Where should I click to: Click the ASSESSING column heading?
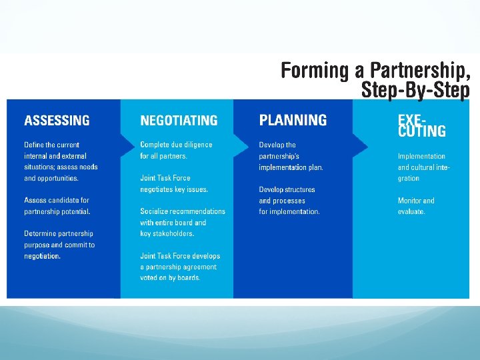[57, 121]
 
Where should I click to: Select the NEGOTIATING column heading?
[179, 121]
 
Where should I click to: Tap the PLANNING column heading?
[293, 120]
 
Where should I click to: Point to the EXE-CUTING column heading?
[421, 125]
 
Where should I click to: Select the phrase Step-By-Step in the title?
[415, 89]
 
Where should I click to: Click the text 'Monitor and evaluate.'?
[416, 206]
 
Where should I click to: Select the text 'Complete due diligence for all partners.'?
[176, 150]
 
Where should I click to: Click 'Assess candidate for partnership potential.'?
[57, 205]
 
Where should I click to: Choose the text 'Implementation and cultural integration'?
[424, 167]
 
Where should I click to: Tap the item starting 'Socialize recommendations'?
[182, 222]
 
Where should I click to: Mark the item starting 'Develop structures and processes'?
[289, 200]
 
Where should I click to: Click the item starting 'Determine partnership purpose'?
[59, 245]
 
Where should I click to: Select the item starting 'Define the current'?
[61, 161]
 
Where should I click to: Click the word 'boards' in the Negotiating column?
[187, 278]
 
